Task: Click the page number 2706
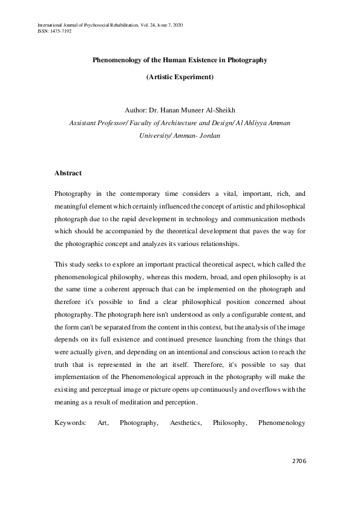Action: pos(298,461)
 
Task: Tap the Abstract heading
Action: pos(68,173)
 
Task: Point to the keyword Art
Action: pos(102,424)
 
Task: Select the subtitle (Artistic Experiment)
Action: pos(180,77)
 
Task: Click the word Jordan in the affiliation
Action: pos(208,136)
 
